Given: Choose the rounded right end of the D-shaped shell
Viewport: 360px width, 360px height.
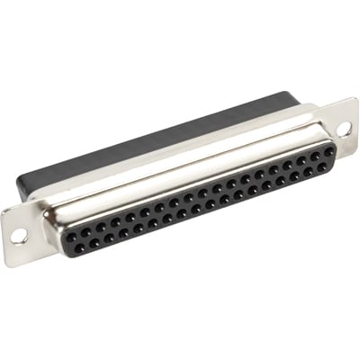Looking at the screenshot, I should (x=338, y=153).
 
